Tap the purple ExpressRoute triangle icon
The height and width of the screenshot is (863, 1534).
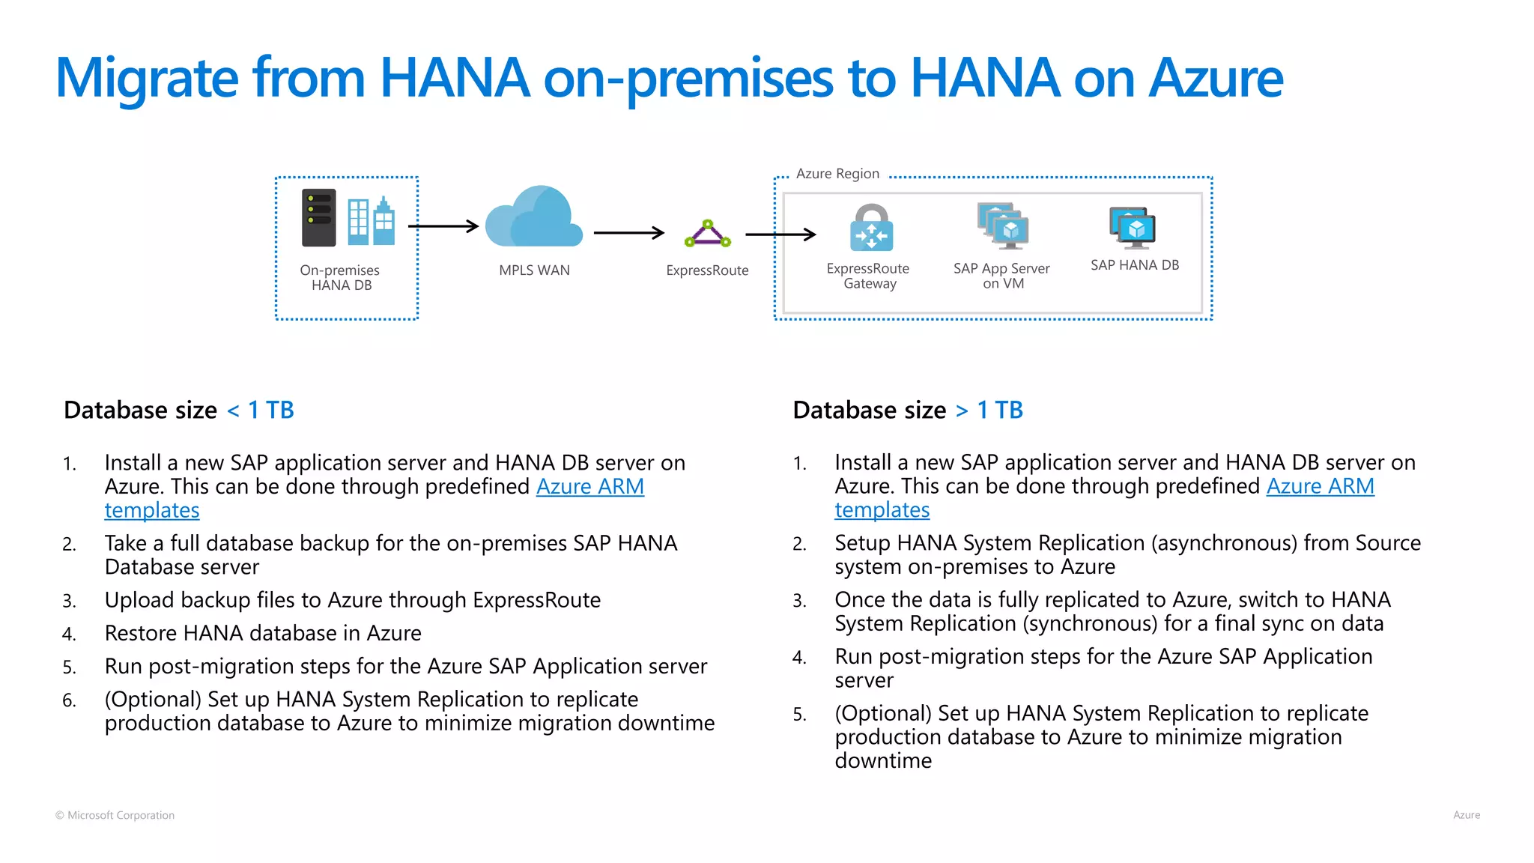[707, 234]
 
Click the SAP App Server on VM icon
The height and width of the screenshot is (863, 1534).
[1003, 225]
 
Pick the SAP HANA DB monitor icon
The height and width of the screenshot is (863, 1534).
[1133, 228]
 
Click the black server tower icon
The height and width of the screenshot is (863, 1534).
[318, 218]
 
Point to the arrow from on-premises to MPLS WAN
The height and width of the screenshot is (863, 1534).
[443, 226]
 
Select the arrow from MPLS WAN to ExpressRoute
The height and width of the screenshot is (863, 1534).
[628, 233]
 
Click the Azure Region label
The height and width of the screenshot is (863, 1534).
[837, 174]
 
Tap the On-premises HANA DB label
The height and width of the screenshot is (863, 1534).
[340, 277]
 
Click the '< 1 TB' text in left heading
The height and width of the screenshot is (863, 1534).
[260, 411]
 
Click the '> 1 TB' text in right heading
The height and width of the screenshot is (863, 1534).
[989, 411]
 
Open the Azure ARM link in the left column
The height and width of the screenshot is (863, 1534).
[589, 487]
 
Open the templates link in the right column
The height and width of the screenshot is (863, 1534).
[882, 511]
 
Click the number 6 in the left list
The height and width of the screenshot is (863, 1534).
[69, 700]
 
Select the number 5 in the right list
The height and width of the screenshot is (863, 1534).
[799, 715]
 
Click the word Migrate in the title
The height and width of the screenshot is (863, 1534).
[147, 79]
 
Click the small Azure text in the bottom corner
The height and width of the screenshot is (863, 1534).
[1466, 815]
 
